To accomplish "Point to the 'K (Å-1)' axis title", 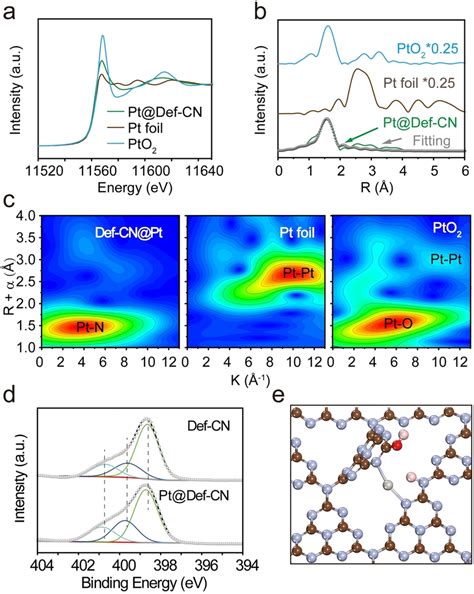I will [251, 381].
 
